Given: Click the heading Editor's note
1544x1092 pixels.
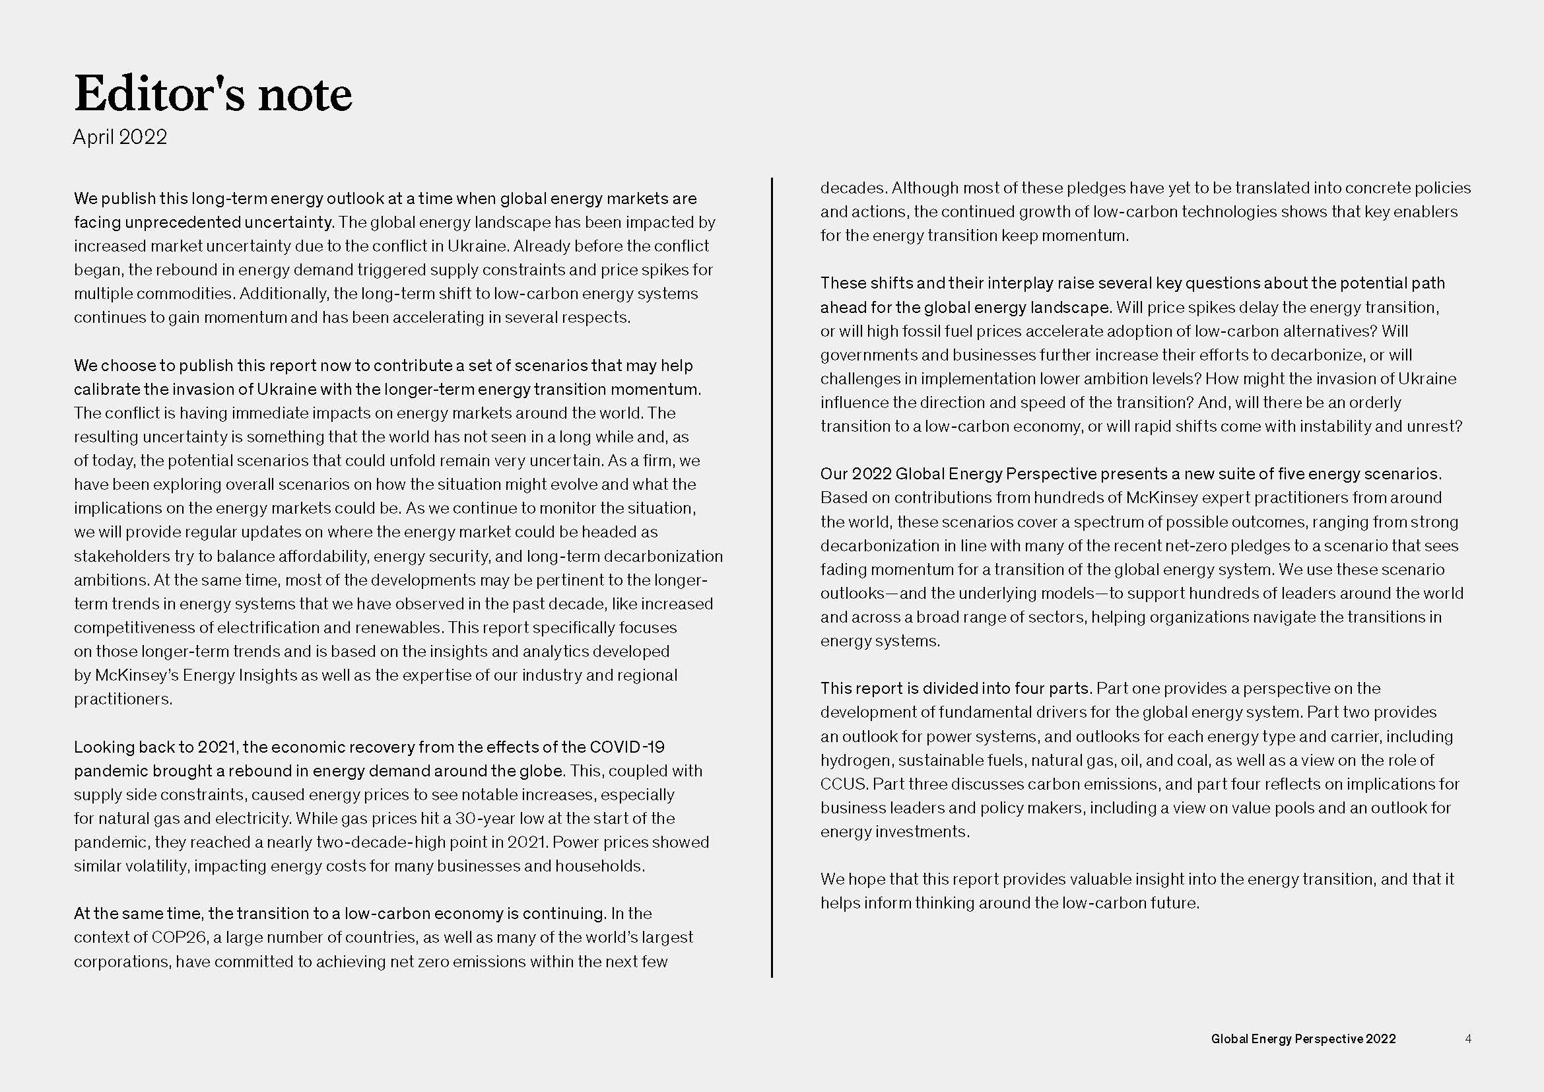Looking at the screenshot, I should pyautogui.click(x=213, y=94).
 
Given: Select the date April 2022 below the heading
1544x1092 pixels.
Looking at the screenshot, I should pyautogui.click(x=119, y=137).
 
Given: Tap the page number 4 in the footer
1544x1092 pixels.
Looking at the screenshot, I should pyautogui.click(x=1468, y=1039).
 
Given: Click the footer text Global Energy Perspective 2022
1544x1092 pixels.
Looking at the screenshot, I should pyautogui.click(x=1302, y=1039).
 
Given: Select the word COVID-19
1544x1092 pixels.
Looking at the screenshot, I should pyautogui.click(x=626, y=747).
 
